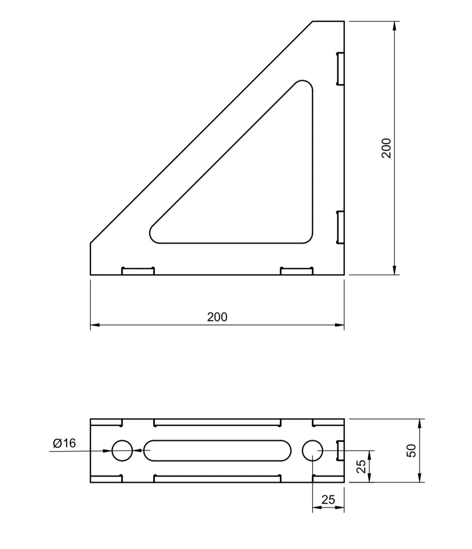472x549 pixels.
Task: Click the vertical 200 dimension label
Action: coord(386,148)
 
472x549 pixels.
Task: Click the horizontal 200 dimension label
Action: coord(217,317)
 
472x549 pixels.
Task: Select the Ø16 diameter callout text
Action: coord(65,443)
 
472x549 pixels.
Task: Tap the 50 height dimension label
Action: coord(412,451)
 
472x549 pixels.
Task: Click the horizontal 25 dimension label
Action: coord(328,500)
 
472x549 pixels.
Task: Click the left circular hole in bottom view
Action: coord(122,451)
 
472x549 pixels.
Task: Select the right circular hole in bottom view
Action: coord(313,451)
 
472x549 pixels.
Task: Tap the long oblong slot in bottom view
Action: coord(217,451)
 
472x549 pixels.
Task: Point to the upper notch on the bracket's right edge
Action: coord(340,68)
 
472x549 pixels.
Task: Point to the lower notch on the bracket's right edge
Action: coord(340,227)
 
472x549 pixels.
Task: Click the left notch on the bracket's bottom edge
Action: coord(138,271)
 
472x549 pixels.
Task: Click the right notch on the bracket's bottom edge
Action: coord(297,271)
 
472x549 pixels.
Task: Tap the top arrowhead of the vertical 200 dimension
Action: coord(394,26)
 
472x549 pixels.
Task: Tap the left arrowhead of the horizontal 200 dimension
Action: coord(95,325)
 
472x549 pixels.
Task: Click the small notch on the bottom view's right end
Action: coord(341,451)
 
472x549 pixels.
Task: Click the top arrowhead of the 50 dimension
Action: coord(420,423)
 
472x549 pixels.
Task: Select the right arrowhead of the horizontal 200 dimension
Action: coord(339,325)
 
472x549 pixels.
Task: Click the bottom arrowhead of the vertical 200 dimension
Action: coord(394,270)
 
